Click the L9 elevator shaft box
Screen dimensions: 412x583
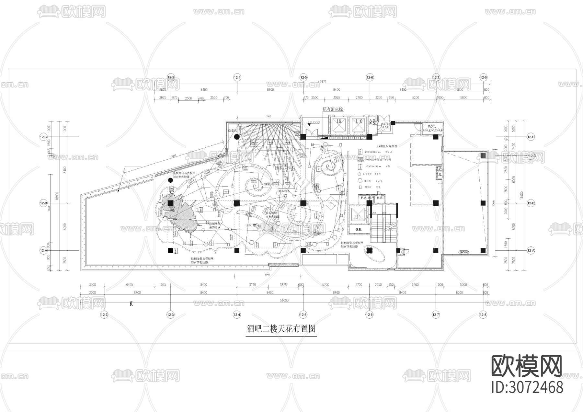pos(339,125)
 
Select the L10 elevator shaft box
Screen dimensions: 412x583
pos(359,125)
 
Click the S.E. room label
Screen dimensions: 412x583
pos(359,229)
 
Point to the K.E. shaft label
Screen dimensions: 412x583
pos(380,198)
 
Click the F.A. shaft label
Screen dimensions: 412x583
pos(363,198)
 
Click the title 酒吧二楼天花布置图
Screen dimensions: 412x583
pos(281,329)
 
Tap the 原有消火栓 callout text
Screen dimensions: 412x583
pos(333,109)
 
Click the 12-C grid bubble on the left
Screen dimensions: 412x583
pos(43,137)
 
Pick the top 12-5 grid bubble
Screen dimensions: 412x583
pos(303,78)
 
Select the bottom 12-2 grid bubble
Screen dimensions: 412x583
pos(104,315)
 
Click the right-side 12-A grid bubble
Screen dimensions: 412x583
pos(531,250)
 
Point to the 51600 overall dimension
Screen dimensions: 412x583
pos(284,301)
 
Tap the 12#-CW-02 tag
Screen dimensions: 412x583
pos(463,252)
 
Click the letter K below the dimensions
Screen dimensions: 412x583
pos(131,304)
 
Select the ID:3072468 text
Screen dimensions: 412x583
pos(527,387)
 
